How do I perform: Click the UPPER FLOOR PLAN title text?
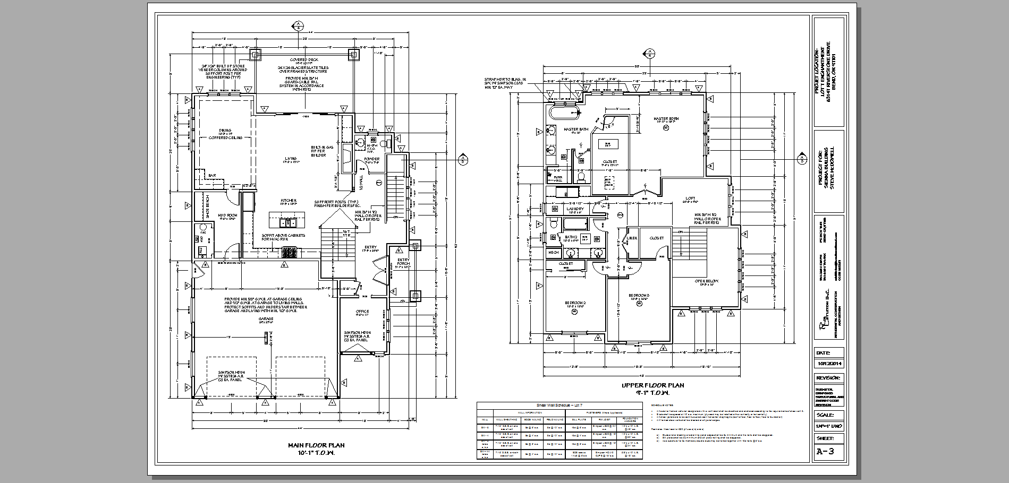tap(652, 385)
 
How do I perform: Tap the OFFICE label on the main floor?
tap(362, 311)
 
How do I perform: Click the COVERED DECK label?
tap(303, 59)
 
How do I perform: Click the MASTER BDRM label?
tap(666, 118)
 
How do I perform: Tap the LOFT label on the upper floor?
tap(690, 198)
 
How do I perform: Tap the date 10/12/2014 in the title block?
tap(829, 364)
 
